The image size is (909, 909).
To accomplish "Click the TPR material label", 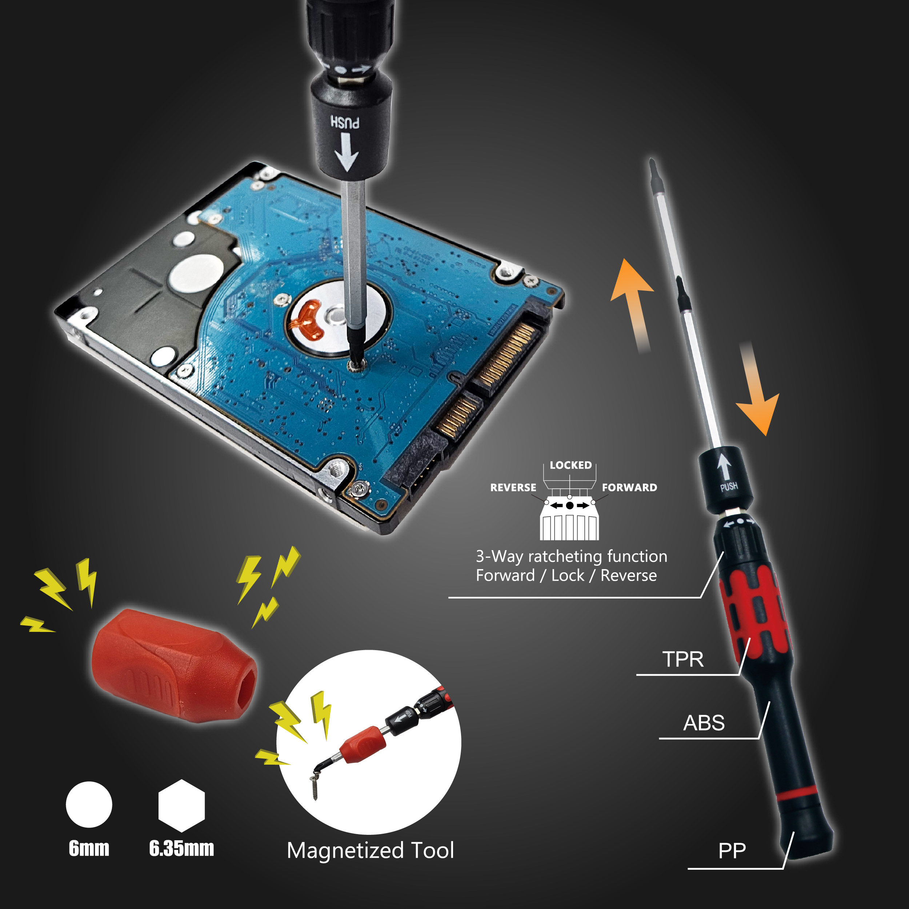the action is tap(683, 659).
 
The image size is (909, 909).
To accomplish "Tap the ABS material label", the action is tap(704, 723).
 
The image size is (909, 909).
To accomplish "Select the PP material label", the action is tap(732, 851).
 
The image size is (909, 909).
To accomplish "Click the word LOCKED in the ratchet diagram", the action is tap(571, 465).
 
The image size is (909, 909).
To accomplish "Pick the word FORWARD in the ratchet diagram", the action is tap(629, 488).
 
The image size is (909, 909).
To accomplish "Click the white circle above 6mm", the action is tap(89, 805).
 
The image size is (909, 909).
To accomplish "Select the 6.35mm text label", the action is tap(181, 848).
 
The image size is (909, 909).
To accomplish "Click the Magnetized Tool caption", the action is tap(371, 851).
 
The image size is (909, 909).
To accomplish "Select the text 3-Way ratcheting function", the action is tap(572, 557).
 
